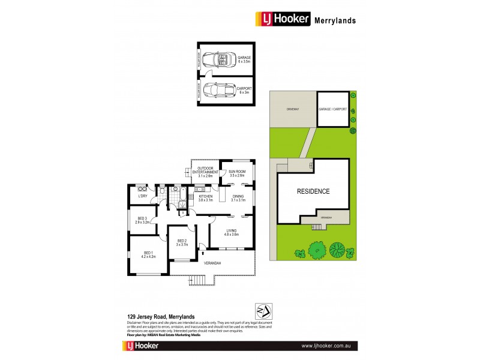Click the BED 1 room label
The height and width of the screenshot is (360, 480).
(149, 254)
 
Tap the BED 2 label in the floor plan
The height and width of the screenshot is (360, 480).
(182, 242)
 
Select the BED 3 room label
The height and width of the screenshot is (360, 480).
(143, 220)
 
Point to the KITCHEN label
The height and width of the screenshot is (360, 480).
(205, 198)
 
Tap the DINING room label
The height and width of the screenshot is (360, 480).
(238, 198)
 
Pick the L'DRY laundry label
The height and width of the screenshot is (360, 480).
(143, 196)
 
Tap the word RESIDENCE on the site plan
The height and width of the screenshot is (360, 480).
(313, 191)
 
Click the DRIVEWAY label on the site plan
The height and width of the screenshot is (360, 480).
(292, 109)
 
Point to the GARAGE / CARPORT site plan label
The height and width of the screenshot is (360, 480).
(333, 109)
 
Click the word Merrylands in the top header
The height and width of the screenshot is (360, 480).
(335, 20)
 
